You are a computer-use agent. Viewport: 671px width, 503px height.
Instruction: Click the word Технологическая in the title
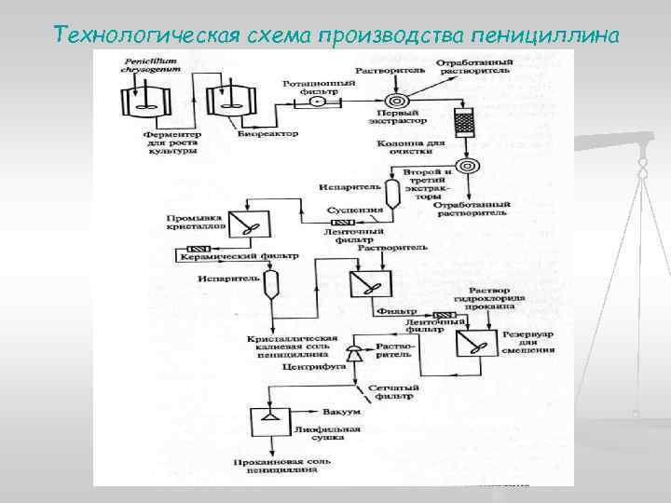[x=140, y=34]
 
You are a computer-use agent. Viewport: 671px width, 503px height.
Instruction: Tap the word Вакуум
[x=336, y=411]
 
